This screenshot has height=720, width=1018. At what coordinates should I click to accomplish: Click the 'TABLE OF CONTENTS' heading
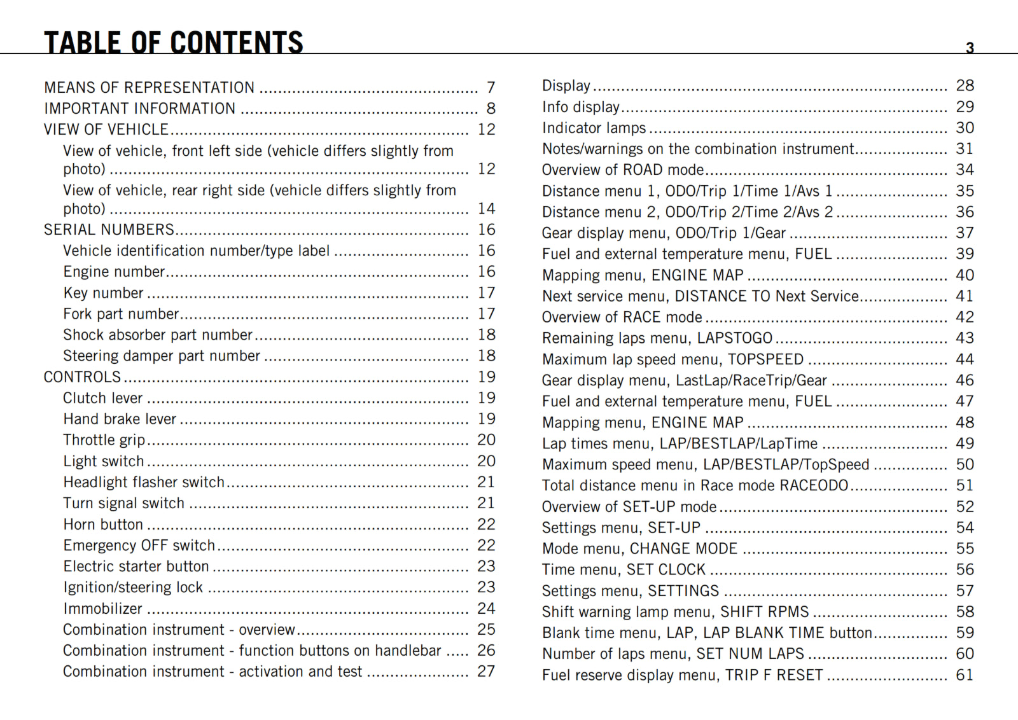pos(173,43)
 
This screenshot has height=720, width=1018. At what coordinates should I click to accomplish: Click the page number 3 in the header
pos(970,48)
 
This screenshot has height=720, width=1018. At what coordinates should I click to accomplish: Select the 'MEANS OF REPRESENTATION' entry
pos(149,87)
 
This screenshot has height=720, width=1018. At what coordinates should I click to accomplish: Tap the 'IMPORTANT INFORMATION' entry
pos(139,109)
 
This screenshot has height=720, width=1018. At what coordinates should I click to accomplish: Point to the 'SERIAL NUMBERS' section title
pos(109,230)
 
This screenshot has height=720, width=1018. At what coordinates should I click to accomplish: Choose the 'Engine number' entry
pos(114,272)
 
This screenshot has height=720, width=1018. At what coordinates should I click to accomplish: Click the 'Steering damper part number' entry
pos(162,356)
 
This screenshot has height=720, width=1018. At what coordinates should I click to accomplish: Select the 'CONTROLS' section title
pos(82,377)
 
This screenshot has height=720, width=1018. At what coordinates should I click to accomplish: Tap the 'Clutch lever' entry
pos(103,398)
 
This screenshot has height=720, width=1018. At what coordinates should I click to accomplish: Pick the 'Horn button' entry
pos(103,524)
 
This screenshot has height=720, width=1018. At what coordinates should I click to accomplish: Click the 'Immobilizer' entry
pos(103,609)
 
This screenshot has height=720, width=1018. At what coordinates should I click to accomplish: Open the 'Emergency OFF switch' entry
pos(139,545)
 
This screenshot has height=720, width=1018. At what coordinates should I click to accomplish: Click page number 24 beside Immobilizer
pos(486,609)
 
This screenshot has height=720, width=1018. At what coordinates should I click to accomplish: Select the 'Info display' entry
pos(581,107)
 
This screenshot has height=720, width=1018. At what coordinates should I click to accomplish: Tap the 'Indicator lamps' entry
pos(594,128)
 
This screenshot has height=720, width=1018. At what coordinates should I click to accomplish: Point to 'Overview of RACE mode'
pos(622,317)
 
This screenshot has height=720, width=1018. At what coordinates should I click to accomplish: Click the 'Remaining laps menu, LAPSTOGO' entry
pos(657,338)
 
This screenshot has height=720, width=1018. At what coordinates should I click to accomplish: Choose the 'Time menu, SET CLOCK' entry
pos(624,569)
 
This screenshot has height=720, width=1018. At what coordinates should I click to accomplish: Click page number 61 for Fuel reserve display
pos(965,675)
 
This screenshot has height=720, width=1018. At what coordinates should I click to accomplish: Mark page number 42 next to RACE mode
pos(965,317)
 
